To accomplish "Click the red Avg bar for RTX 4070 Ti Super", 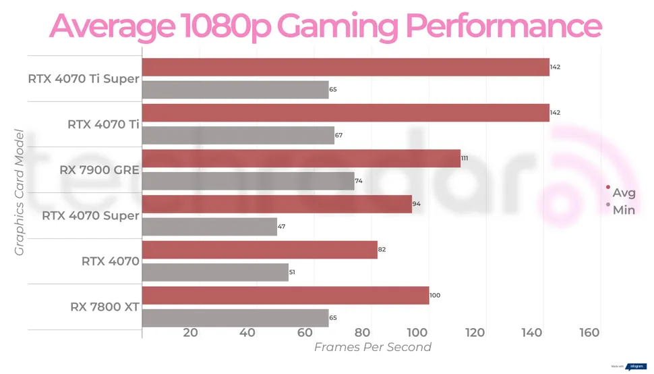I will point(345,67).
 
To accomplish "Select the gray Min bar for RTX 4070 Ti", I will point(238,135).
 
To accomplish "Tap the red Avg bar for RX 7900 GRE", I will point(301,158).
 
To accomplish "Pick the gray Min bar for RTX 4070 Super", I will point(209,226).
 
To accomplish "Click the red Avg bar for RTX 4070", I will point(260,250).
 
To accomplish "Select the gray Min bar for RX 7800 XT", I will point(235,318).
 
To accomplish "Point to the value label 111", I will point(465,159).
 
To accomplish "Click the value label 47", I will point(282,227).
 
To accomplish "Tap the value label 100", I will point(435,296).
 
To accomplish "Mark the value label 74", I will point(359,182).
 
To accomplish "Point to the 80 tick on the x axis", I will point(363,333).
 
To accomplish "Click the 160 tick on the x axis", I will point(589,333).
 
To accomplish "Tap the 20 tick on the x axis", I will point(190,333).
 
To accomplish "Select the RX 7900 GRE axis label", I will point(99,170).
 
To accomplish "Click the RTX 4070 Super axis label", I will point(90,216).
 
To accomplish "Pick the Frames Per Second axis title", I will point(372,348).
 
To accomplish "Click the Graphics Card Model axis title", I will point(20,192).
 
